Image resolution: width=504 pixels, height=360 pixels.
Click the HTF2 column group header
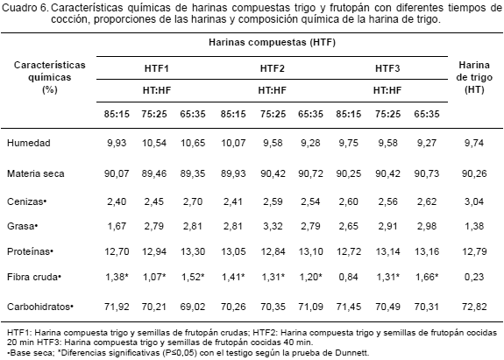273,68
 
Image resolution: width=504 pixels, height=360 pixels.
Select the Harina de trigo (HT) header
474,77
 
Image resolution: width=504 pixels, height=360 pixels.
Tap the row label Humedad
29,143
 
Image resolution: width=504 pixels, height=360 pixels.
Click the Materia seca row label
36,173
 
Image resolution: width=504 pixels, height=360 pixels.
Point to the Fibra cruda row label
34,277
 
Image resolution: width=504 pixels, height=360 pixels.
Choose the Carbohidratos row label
40,307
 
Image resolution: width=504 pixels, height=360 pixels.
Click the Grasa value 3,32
273,226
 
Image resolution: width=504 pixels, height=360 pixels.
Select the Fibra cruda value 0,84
349,277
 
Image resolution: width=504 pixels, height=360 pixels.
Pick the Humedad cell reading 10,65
193,143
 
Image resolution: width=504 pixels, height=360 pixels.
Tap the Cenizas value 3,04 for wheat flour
474,201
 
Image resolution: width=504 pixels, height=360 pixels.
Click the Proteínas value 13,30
193,251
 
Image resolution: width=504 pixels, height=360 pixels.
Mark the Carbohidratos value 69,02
193,307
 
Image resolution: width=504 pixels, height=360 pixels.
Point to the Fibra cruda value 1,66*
427,277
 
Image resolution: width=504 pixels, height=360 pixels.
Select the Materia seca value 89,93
233,173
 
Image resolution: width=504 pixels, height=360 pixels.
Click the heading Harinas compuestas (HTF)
272,42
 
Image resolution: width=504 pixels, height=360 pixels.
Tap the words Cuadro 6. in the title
25,8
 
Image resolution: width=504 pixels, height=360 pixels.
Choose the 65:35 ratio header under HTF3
427,114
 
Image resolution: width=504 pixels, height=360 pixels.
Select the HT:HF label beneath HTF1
157,90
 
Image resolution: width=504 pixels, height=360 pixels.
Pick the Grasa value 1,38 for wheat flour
474,226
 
